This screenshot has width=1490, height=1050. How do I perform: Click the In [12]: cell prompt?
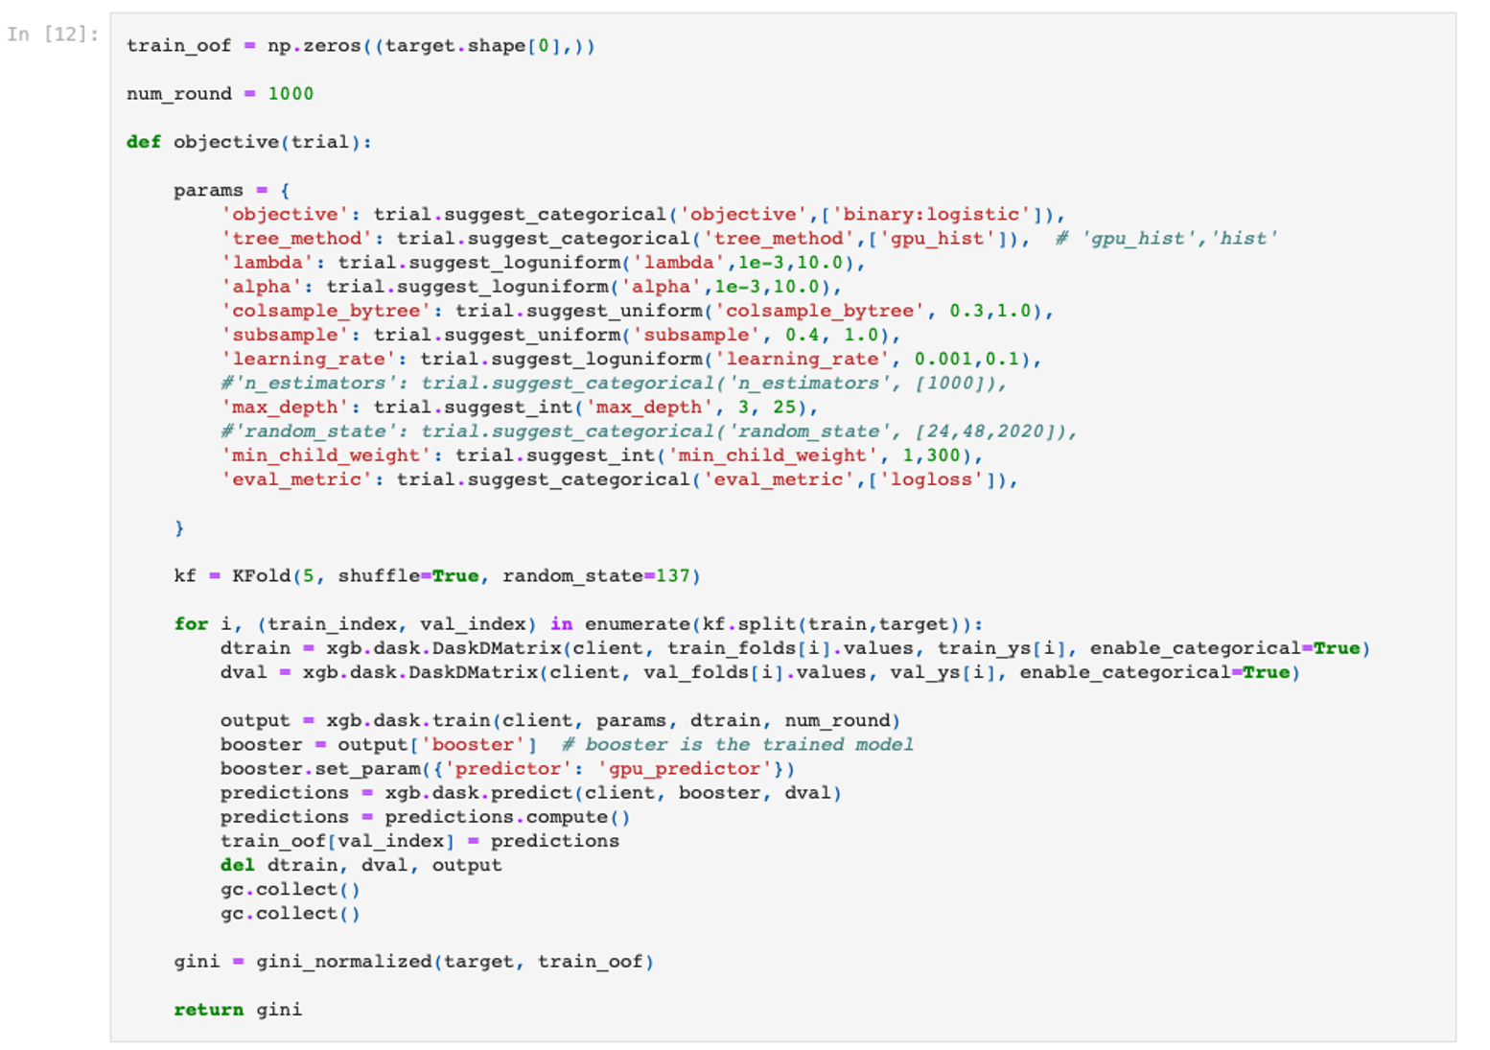click(53, 34)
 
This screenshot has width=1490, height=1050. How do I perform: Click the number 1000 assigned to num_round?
click(291, 94)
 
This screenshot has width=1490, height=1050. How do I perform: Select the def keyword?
click(144, 142)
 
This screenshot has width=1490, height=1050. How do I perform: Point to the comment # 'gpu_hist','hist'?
click(1167, 238)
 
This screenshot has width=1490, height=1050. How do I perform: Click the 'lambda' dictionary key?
click(268, 262)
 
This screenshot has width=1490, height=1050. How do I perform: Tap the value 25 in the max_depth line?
click(784, 407)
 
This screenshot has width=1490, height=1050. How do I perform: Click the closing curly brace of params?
click(179, 527)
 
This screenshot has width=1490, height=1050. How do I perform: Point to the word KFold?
click(262, 575)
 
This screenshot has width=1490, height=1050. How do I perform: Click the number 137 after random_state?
click(673, 575)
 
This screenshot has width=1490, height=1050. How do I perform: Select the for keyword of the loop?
click(191, 624)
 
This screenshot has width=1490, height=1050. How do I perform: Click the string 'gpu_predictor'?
click(685, 768)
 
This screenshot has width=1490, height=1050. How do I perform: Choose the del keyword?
click(238, 865)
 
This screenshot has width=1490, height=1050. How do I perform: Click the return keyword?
click(209, 1010)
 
